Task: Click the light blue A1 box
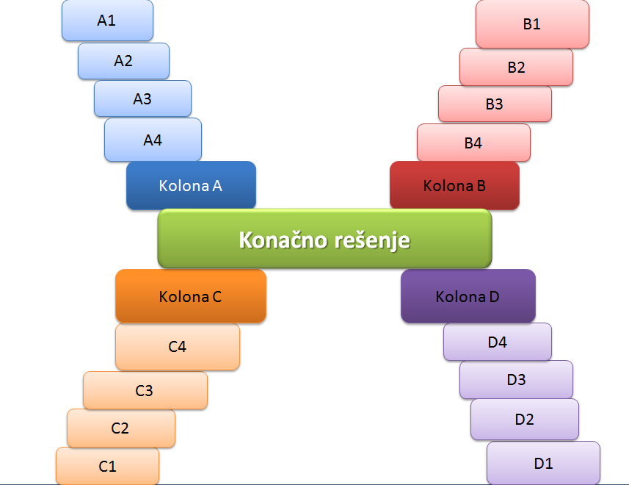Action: (107, 21)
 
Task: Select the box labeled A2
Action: (123, 61)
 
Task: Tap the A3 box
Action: (142, 98)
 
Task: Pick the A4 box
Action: (153, 140)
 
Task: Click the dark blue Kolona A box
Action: (191, 186)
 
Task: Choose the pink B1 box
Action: (532, 24)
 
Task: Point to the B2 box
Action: (516, 68)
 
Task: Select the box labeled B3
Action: (495, 104)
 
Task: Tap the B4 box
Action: (473, 143)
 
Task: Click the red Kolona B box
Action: (454, 186)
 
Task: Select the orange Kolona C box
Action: (190, 297)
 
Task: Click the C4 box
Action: (178, 347)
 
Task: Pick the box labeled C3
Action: (145, 391)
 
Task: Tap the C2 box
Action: (120, 428)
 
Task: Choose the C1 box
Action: (107, 466)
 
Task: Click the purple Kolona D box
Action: (468, 297)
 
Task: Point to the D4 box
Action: (498, 342)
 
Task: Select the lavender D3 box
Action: (516, 380)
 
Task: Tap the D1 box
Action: (543, 463)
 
